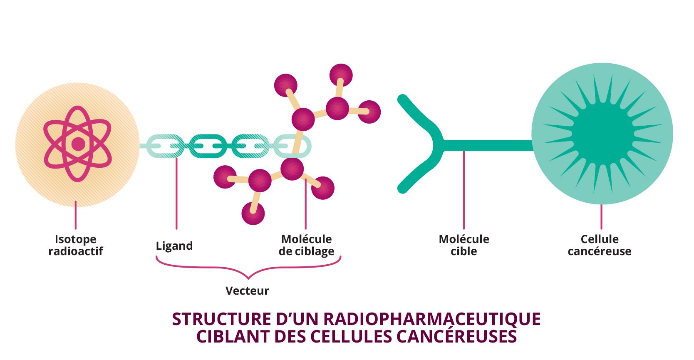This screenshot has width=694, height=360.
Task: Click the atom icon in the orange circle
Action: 78,144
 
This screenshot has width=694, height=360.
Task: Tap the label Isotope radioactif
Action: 76,245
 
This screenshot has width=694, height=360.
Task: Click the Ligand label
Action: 174,246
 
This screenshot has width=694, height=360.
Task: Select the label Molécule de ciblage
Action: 306,245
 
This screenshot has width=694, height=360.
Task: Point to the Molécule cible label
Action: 464,245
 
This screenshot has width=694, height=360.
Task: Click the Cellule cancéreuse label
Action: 600,245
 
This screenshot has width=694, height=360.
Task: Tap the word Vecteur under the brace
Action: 247,290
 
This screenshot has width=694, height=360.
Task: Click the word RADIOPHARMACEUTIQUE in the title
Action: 431,319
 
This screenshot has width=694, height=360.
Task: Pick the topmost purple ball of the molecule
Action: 341,75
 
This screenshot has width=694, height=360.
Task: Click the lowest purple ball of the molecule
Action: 253,214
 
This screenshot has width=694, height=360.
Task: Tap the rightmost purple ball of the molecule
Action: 369,112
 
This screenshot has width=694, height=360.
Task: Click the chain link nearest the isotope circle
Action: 161,146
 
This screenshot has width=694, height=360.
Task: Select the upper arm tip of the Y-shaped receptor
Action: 402,99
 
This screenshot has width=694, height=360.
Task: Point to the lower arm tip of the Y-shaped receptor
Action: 402,189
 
